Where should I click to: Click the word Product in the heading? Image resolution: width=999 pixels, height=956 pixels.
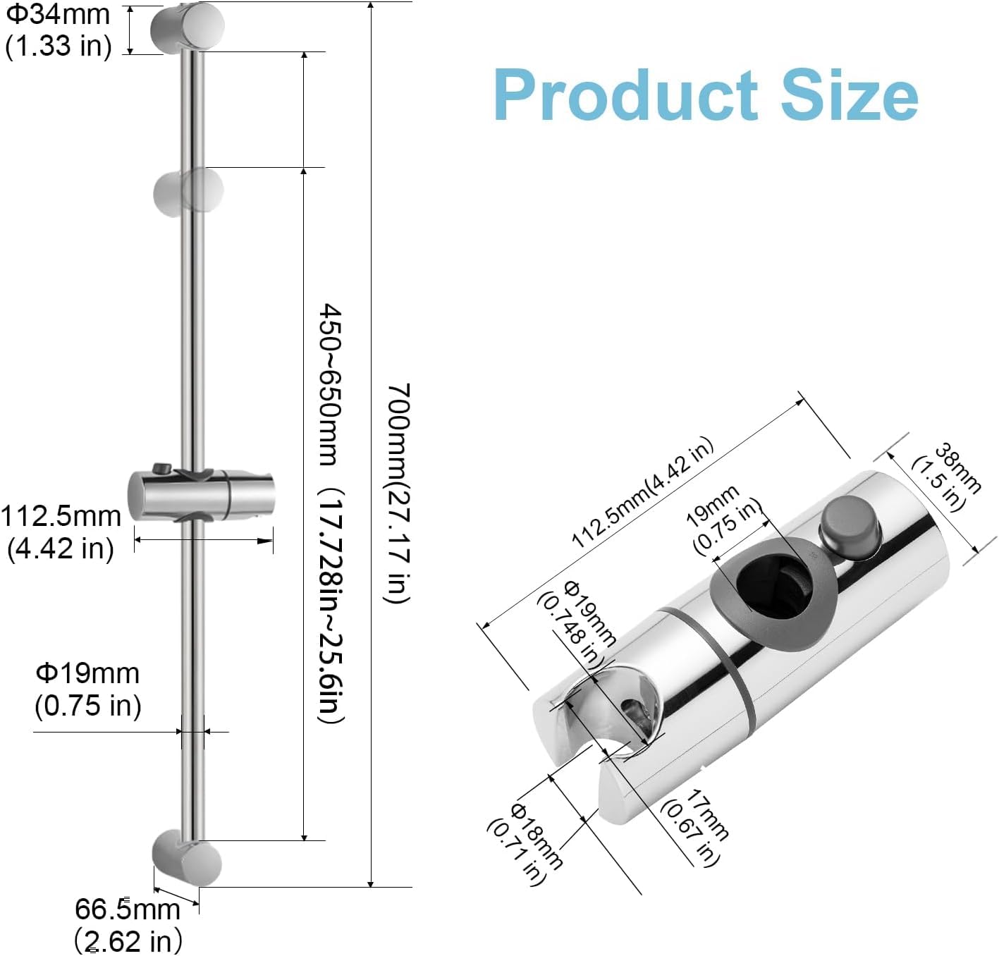[625, 95]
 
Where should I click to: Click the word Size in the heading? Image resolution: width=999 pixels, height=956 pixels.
[849, 95]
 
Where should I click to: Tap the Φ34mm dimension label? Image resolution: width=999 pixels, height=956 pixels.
[58, 14]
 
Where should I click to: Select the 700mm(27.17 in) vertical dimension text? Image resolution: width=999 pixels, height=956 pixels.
[398, 492]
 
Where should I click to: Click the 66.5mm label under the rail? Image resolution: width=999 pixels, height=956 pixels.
[128, 909]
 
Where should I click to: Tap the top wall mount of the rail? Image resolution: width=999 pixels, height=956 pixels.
[188, 27]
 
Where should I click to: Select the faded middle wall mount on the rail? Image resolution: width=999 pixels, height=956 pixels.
[189, 192]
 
